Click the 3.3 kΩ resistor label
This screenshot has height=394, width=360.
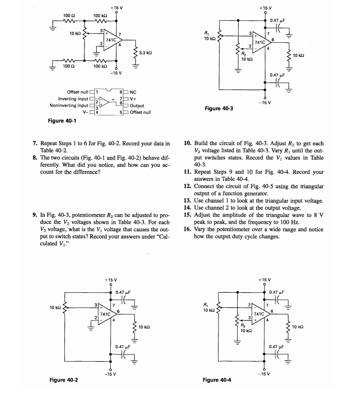pos(146,52)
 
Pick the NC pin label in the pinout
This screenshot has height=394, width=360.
pos(133,92)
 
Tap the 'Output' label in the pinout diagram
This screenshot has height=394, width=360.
pos(137,106)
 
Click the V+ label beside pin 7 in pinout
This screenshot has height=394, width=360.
pos(133,99)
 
